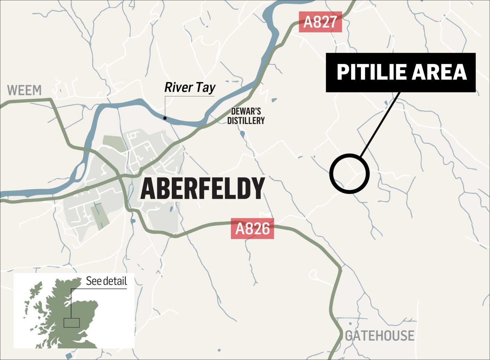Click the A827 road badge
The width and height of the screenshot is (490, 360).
[x=320, y=22]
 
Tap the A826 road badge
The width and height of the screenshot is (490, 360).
[x=252, y=229]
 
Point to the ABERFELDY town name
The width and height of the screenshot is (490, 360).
[x=202, y=189]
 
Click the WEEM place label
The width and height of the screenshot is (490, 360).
[x=24, y=91]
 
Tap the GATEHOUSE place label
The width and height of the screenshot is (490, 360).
[x=380, y=336]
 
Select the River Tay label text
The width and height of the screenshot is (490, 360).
[x=190, y=88]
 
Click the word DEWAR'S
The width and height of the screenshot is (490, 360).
[x=246, y=111]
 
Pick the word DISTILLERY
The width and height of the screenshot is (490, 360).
[x=246, y=120]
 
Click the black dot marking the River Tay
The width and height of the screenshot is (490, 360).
[x=165, y=118]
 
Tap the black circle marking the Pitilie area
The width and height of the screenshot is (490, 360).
[x=349, y=174]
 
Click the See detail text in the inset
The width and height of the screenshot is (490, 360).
[x=106, y=281]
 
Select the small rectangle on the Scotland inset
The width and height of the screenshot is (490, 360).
[x=71, y=323]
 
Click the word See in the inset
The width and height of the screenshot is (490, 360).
[x=94, y=281]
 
